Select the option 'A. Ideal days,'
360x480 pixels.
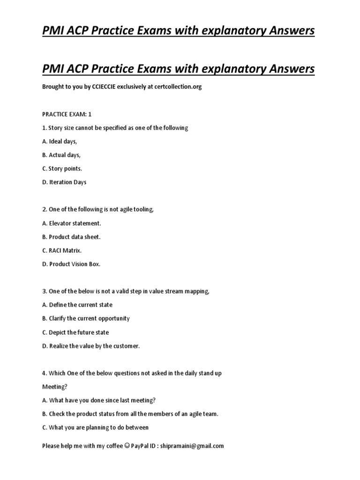pyautogui.click(x=60, y=142)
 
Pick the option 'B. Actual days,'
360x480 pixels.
pyautogui.click(x=61, y=155)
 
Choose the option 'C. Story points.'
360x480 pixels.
pyautogui.click(x=62, y=169)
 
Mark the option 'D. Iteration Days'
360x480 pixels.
pyautogui.click(x=64, y=182)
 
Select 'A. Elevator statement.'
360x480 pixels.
pyautogui.click(x=71, y=223)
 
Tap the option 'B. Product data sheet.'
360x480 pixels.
pyautogui.click(x=71, y=237)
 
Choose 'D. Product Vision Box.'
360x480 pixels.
pyautogui.click(x=71, y=264)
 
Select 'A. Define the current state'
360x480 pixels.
pyautogui.click(x=77, y=305)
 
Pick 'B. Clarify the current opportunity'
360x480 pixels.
pyautogui.click(x=86, y=318)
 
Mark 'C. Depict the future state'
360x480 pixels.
pyautogui.click(x=75, y=332)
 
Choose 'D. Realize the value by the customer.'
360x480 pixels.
pyautogui.click(x=91, y=346)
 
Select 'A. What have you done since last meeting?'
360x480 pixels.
pyautogui.click(x=99, y=400)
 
